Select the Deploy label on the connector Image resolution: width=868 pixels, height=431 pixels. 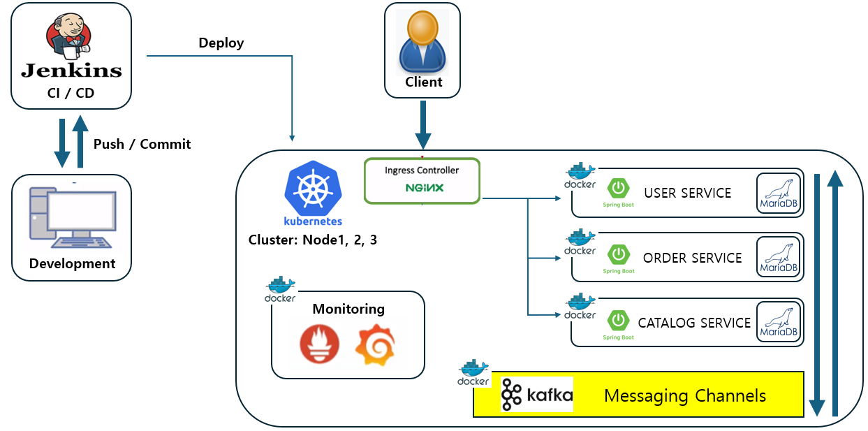pyautogui.click(x=221, y=43)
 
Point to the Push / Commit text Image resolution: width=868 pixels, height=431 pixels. pyautogui.click(x=142, y=144)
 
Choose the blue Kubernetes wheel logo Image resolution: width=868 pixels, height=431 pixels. pyautogui.click(x=313, y=187)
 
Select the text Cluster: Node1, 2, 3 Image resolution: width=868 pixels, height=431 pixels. pyautogui.click(x=313, y=240)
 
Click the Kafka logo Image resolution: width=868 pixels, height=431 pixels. pyautogui.click(x=537, y=395)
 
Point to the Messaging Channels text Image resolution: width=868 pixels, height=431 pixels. pyautogui.click(x=684, y=396)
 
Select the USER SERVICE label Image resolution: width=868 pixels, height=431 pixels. pyautogui.click(x=687, y=193)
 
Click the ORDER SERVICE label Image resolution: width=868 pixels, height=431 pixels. pyautogui.click(x=692, y=258)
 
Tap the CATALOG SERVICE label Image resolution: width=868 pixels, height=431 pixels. pyautogui.click(x=694, y=323)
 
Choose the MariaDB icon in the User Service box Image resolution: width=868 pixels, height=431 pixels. pyautogui.click(x=778, y=193)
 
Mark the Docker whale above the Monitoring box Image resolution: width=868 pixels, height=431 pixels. pyautogui.click(x=280, y=288)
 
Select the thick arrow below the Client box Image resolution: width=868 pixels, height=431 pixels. pyautogui.click(x=422, y=124)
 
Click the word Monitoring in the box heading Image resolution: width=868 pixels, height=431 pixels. pyautogui.click(x=348, y=309)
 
